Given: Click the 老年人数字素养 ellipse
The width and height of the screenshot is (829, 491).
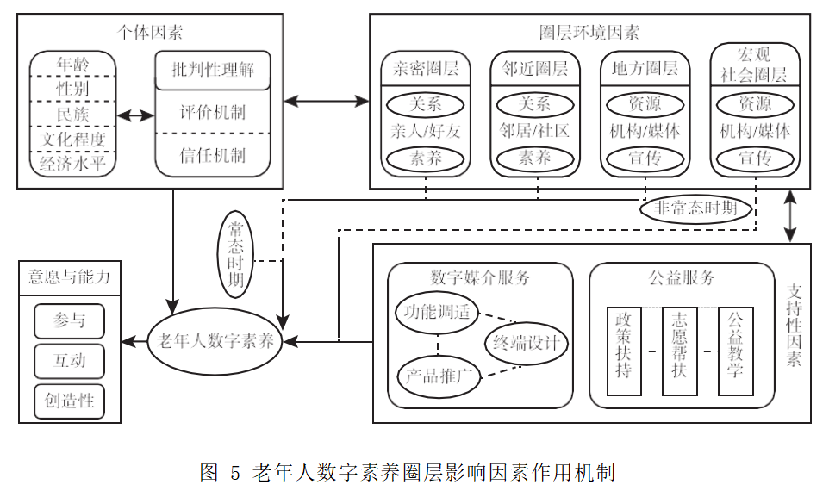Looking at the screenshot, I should click(216, 341).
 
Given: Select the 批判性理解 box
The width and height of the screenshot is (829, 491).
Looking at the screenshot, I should click(212, 70).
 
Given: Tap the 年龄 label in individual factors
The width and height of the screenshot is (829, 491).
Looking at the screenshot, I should click(73, 64).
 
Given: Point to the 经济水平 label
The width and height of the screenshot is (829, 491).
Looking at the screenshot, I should click(73, 163).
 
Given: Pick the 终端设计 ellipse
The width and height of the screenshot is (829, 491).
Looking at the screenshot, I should click(526, 343).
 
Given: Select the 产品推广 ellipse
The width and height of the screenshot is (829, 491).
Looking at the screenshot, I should click(439, 376).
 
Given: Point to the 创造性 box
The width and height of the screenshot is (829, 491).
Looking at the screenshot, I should click(70, 401).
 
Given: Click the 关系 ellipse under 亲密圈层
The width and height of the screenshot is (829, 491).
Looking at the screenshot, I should click(426, 104).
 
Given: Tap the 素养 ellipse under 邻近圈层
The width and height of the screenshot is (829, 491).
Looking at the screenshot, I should click(535, 158).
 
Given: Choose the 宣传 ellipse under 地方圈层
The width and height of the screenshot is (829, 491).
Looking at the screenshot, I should click(645, 158).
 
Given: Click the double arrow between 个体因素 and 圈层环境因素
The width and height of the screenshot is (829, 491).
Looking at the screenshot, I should click(327, 101).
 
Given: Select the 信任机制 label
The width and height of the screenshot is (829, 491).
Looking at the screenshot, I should click(212, 156).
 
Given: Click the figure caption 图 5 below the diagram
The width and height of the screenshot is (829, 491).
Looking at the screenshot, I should click(407, 472).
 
